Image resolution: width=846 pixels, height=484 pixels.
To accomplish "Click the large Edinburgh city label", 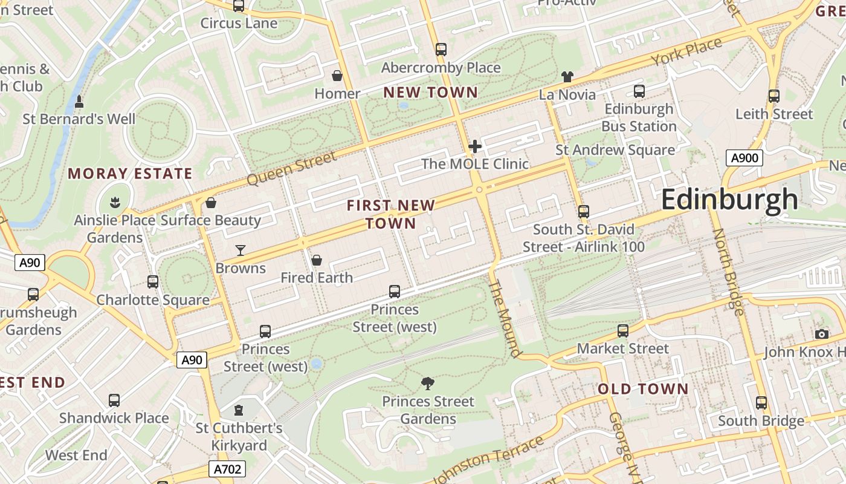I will (x=729, y=200).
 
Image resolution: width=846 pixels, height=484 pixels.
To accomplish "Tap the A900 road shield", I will (x=744, y=159).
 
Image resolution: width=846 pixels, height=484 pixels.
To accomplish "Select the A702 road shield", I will (x=228, y=469).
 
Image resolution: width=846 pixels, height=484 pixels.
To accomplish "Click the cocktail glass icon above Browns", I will (x=241, y=250).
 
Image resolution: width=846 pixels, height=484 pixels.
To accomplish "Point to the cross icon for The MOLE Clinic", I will (x=475, y=146).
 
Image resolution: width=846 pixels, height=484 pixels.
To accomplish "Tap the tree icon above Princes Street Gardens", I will (x=428, y=383).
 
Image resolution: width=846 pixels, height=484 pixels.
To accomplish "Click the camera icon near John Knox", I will (x=821, y=334).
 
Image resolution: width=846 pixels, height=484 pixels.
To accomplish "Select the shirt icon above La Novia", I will (x=567, y=77).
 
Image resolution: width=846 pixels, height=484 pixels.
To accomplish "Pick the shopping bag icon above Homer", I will (x=337, y=76).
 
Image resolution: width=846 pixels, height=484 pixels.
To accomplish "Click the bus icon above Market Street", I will (x=623, y=331).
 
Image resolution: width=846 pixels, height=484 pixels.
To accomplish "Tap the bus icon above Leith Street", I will (x=774, y=96).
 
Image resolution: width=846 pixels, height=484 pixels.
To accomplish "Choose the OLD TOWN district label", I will (x=643, y=389).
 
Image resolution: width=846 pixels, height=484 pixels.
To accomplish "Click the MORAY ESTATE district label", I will (x=130, y=174).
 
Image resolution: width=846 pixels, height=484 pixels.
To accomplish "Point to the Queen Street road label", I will (x=291, y=169).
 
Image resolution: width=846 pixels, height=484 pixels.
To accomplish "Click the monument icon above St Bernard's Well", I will (x=79, y=101).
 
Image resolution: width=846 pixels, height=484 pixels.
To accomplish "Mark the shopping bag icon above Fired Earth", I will (x=316, y=260).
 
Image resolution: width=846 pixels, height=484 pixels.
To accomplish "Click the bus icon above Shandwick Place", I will (x=114, y=400).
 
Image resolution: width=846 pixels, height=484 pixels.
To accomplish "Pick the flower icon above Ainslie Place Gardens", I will (x=114, y=201).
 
